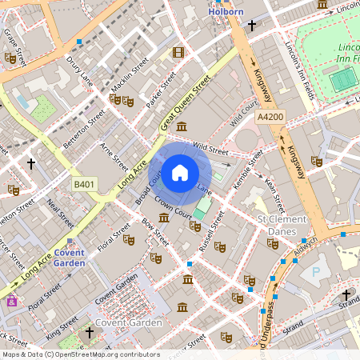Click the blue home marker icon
click(x=180, y=172)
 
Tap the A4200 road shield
click(x=270, y=118)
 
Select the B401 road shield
click(x=84, y=185)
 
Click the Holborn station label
click(x=225, y=13)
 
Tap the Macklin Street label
click(x=130, y=73)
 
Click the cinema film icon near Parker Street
click(x=177, y=53)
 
